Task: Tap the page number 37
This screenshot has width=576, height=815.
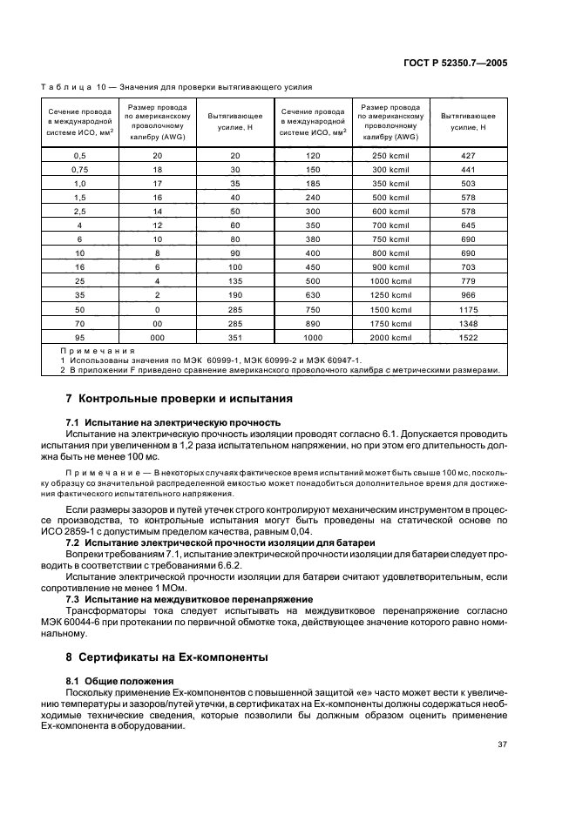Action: (x=502, y=744)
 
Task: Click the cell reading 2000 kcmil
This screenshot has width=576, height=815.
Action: (x=391, y=336)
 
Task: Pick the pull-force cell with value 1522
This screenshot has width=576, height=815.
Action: (x=468, y=336)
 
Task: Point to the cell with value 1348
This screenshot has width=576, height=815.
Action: (x=468, y=321)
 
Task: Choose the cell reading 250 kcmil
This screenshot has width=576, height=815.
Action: (x=391, y=153)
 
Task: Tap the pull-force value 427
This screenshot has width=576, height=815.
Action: (x=468, y=153)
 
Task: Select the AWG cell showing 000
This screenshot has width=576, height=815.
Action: (x=159, y=336)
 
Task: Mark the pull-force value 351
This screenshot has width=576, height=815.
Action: (x=234, y=336)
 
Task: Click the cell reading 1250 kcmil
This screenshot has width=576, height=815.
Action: (x=391, y=293)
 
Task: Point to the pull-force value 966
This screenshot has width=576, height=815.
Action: (x=468, y=293)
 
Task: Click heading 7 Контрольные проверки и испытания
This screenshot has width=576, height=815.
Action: (x=179, y=400)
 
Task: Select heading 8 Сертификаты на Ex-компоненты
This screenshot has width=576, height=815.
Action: (x=167, y=657)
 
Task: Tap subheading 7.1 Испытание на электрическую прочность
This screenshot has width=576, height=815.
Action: (x=157, y=421)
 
